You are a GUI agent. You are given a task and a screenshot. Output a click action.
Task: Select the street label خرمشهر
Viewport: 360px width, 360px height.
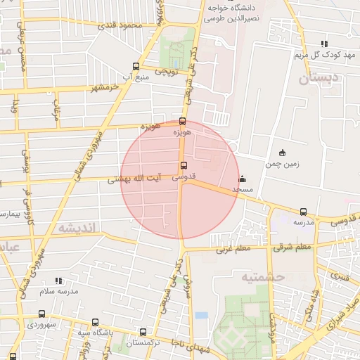(x=103, y=88)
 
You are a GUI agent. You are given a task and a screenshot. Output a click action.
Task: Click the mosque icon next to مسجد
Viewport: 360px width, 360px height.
(x=243, y=179)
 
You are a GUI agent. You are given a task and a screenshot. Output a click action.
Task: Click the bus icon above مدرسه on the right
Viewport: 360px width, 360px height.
(x=303, y=212)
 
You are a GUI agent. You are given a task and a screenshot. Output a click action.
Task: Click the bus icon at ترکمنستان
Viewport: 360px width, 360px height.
(x=143, y=332)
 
